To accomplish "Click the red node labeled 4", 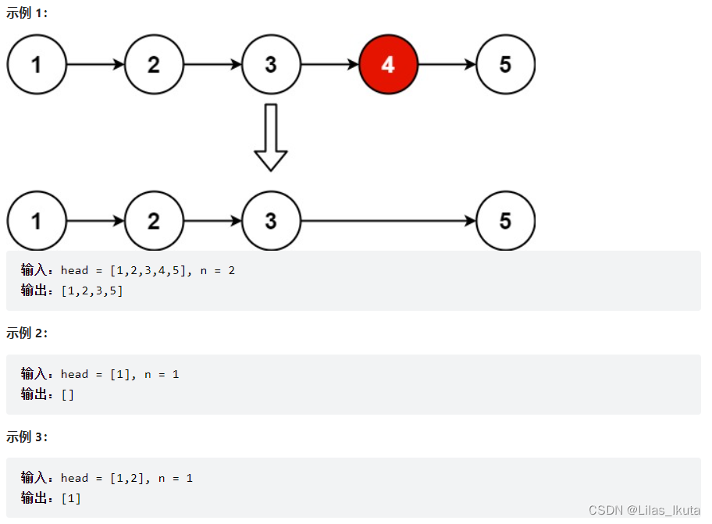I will [x=388, y=65].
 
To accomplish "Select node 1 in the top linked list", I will [x=37, y=65].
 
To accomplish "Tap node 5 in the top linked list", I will [x=505, y=65].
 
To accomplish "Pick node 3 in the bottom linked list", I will [x=271, y=221].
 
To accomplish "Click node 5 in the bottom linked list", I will [x=505, y=221].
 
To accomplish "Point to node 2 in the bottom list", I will [x=154, y=221].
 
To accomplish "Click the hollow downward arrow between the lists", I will [x=271, y=137].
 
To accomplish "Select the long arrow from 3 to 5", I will [x=388, y=221].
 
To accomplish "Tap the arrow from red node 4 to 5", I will [x=447, y=65].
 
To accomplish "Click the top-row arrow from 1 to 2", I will [x=95, y=65].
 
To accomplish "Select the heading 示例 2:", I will [x=27, y=333].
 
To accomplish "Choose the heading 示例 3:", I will [x=27, y=437].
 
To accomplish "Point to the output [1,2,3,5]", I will [x=91, y=291].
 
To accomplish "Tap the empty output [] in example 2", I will [x=68, y=394].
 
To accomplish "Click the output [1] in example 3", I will [x=71, y=497].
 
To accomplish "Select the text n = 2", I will [x=215, y=270].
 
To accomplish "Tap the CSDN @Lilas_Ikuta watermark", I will [x=644, y=510].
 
